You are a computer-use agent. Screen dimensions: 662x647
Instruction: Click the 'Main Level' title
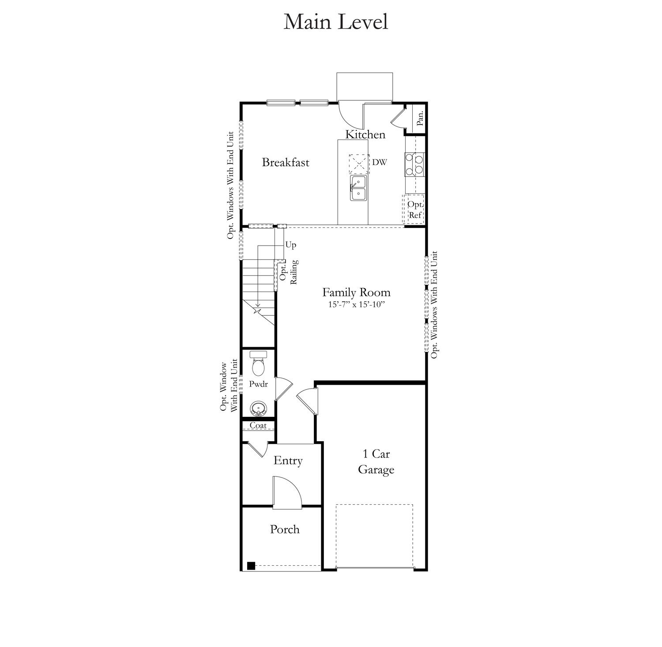(x=335, y=22)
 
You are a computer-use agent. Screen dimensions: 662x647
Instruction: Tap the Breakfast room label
(x=286, y=162)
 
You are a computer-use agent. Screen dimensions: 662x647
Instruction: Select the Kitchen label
(x=365, y=134)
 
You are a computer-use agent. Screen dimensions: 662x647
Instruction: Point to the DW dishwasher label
(x=379, y=162)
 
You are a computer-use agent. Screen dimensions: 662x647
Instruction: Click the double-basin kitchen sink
(x=358, y=188)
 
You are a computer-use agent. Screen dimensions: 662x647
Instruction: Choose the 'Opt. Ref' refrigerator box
(x=414, y=209)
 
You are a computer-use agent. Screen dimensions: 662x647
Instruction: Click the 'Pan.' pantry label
(x=421, y=118)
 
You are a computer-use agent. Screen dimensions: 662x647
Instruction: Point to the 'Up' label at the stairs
(x=290, y=245)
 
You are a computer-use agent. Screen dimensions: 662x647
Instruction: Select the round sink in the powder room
(x=258, y=408)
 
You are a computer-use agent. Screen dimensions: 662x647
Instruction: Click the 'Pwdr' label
(x=258, y=384)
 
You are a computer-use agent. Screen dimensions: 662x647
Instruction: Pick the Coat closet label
(x=258, y=425)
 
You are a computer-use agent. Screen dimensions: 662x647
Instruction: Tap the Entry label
(x=288, y=461)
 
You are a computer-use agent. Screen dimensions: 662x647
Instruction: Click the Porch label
(x=285, y=529)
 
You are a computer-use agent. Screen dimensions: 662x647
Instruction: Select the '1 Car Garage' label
(x=376, y=462)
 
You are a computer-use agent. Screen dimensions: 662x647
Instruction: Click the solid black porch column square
(x=251, y=565)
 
